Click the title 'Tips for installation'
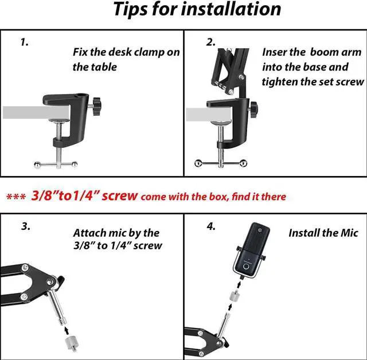coord(197,10)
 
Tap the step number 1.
coord(24,42)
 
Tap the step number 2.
coord(210,42)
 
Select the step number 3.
coord(26,226)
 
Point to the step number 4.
coord(211,226)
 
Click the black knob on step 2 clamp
coord(253,107)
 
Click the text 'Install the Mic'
coord(323,233)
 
